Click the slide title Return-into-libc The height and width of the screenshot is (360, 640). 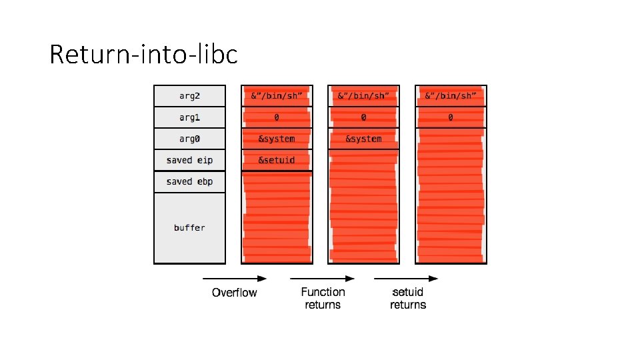point(143,54)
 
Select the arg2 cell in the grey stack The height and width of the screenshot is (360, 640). point(189,96)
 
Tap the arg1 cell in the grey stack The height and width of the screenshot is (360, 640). point(189,117)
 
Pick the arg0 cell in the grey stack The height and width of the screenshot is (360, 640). point(189,139)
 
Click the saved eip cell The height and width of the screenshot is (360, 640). point(189,160)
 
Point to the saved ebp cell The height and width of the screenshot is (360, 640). point(189,181)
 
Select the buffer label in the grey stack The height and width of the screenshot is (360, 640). point(189,227)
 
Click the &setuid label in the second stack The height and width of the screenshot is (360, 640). point(276,160)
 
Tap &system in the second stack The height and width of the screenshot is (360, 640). point(276,139)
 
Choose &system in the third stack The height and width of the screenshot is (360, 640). point(363,139)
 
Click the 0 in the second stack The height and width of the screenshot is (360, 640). point(276,117)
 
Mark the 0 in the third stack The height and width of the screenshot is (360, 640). point(363,117)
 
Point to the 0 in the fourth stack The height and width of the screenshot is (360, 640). point(451,117)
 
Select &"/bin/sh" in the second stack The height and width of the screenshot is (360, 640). point(276,96)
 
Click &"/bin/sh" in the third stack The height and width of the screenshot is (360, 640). point(363,96)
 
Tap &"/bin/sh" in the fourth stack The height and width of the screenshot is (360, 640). point(451,96)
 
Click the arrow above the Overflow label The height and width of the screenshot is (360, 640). point(234,278)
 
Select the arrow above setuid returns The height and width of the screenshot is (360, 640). point(406,278)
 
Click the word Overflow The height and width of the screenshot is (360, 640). point(234,292)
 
